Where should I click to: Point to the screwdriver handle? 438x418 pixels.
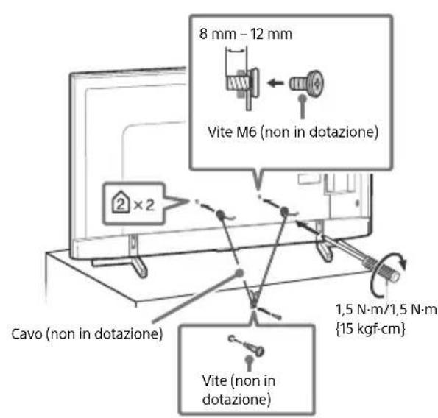click(x=382, y=271)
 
